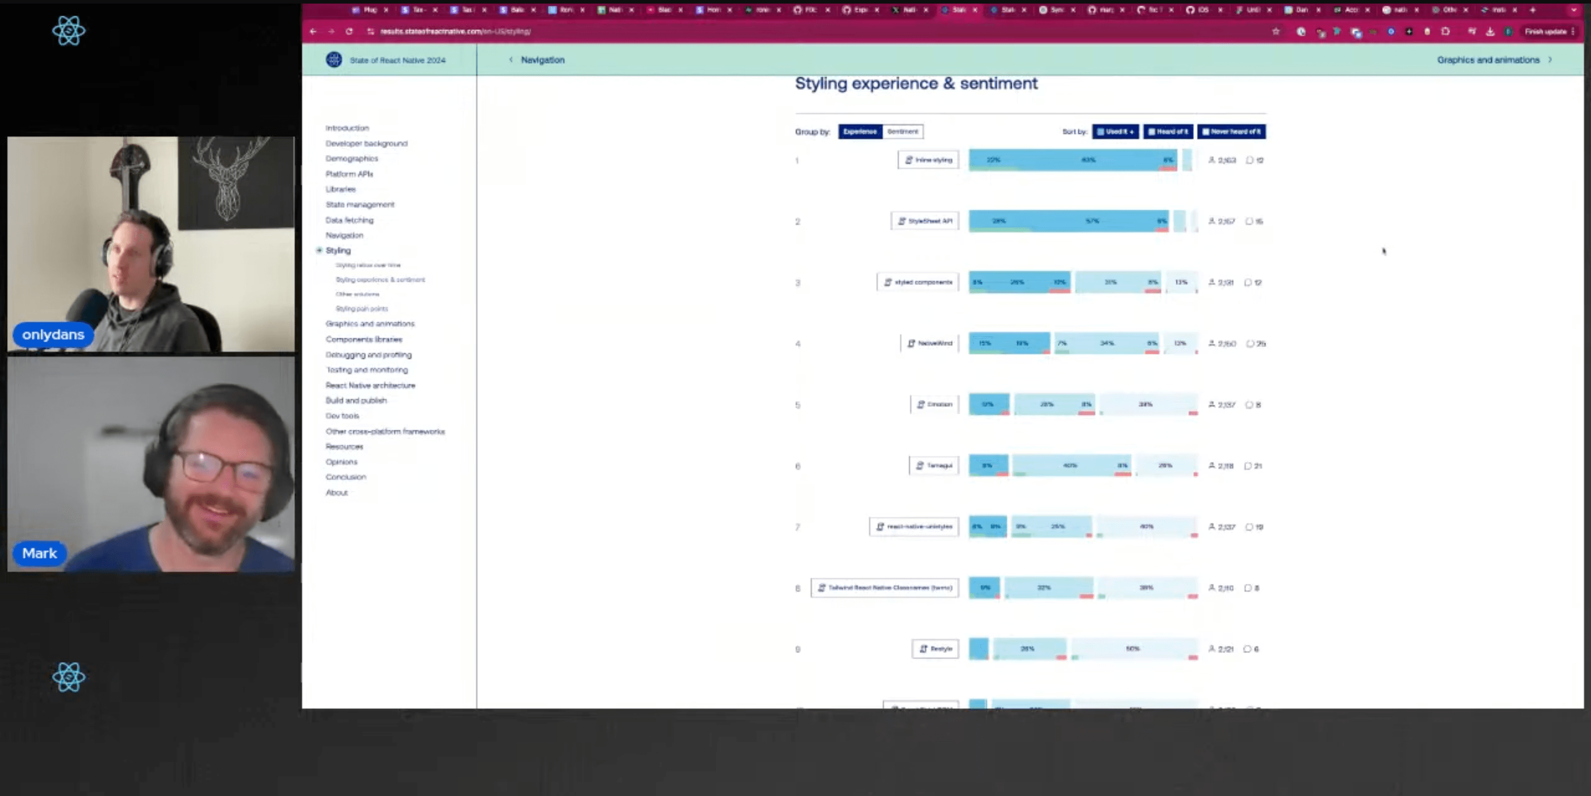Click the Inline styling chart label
tap(928, 160)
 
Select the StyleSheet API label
tap(925, 221)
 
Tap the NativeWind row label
tap(929, 344)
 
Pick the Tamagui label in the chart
tap(934, 465)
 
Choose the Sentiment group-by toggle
tap(902, 131)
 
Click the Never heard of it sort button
tap(1231, 131)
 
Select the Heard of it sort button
tap(1168, 131)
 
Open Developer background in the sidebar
tap(366, 143)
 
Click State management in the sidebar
tap(360, 205)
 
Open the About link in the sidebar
tap(337, 493)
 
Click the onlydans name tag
tap(53, 335)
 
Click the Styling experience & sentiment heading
tap(916, 84)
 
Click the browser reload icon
tap(349, 32)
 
